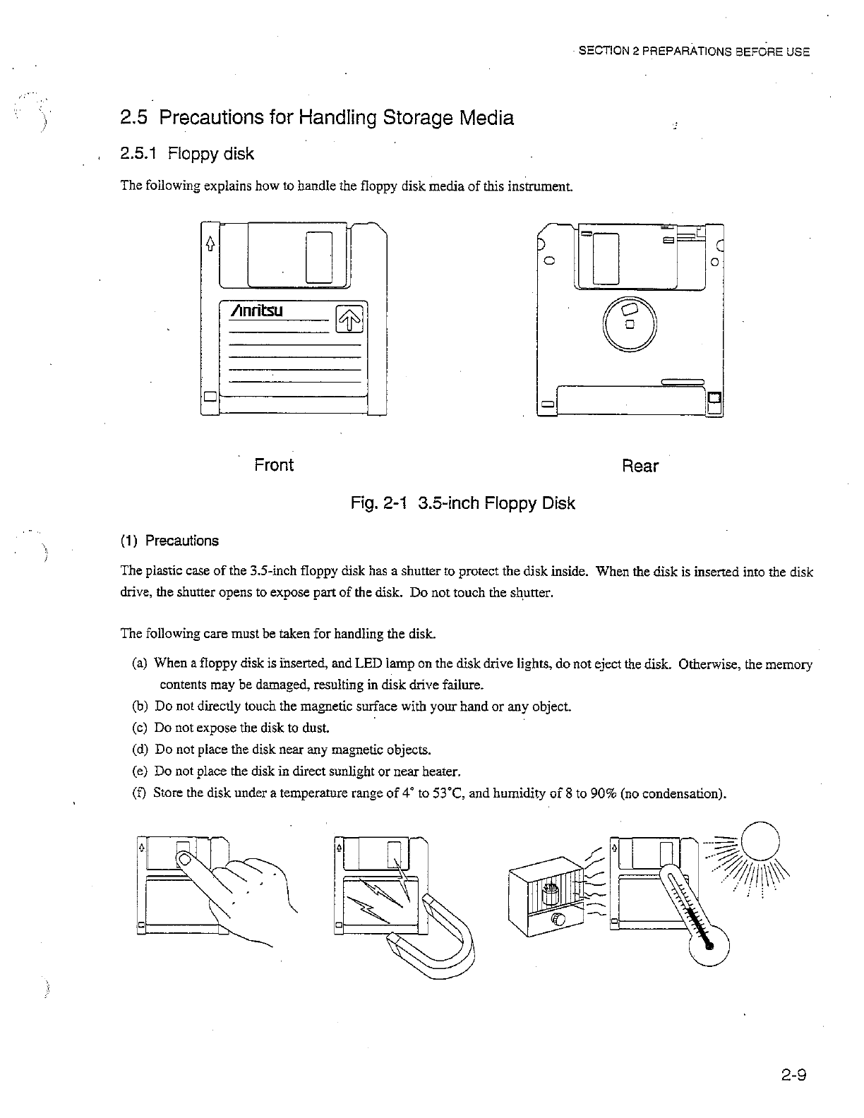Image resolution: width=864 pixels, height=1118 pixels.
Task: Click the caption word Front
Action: pyautogui.click(x=274, y=465)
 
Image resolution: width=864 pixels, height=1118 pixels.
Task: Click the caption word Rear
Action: pyautogui.click(x=640, y=467)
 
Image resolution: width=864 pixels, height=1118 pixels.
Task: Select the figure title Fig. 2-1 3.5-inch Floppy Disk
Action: pyautogui.click(x=463, y=503)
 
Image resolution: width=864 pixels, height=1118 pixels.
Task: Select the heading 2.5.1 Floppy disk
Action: pyautogui.click(x=187, y=154)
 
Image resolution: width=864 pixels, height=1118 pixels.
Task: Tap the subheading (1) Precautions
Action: pyautogui.click(x=169, y=541)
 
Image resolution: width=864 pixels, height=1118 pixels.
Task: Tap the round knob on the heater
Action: pyautogui.click(x=558, y=920)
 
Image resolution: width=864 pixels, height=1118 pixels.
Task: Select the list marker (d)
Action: pyautogui.click(x=140, y=749)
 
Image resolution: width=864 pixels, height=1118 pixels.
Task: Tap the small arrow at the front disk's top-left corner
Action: pyautogui.click(x=209, y=244)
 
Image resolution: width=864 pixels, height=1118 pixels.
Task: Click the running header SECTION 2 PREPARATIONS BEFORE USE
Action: pyautogui.click(x=694, y=52)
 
